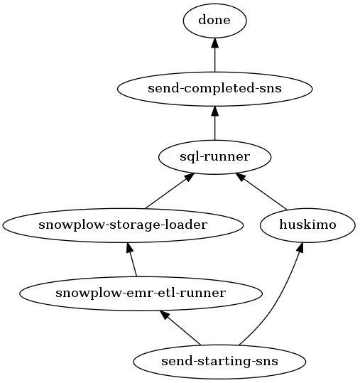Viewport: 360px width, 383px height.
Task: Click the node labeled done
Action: pyautogui.click(x=214, y=21)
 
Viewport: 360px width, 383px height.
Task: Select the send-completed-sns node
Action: pyautogui.click(x=214, y=89)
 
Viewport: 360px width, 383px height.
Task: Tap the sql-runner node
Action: pyautogui.click(x=214, y=157)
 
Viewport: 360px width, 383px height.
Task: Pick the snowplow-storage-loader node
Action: pyautogui.click(x=123, y=225)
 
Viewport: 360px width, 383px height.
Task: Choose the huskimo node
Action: pyautogui.click(x=307, y=225)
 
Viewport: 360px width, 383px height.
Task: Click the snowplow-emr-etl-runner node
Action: pyautogui.click(x=141, y=293)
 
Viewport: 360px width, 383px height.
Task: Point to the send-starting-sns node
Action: pyautogui.click(x=219, y=362)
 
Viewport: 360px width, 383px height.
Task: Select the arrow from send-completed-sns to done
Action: pyautogui.click(x=214, y=55)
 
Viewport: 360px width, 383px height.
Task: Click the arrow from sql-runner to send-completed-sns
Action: pyautogui.click(x=214, y=123)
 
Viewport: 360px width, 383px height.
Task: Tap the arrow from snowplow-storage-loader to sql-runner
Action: pyautogui.click(x=170, y=190)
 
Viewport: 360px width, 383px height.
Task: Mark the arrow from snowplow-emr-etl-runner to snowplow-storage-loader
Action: pyautogui.click(x=131, y=259)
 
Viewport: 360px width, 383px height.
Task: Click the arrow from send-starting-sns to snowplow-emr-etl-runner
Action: pyautogui.click(x=180, y=328)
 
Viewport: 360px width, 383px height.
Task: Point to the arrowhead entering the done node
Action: pyautogui.click(x=214, y=43)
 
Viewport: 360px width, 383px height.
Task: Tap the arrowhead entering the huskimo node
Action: pyautogui.click(x=300, y=248)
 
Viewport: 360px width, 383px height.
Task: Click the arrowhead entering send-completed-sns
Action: pyautogui.click(x=214, y=111)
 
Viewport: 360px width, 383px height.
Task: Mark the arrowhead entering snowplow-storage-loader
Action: pyautogui.click(x=129, y=248)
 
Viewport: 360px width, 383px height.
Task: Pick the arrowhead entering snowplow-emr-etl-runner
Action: pyautogui.click(x=164, y=315)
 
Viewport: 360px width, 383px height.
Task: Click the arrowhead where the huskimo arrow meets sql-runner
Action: pyautogui.click(x=240, y=177)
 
